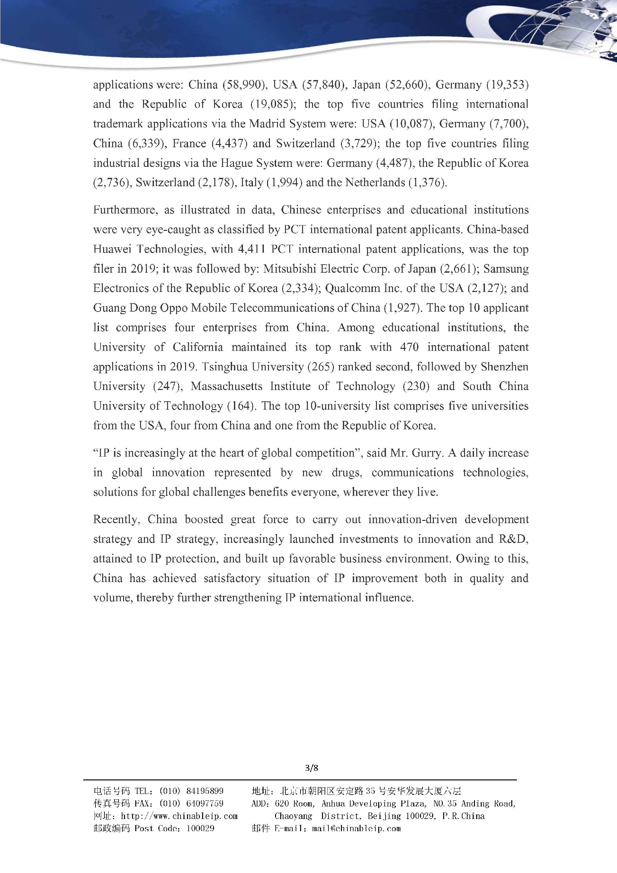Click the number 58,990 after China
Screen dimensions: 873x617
pyautogui.click(x=241, y=85)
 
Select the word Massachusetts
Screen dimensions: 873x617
pyautogui.click(x=227, y=386)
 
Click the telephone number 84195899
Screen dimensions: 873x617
pyautogui.click(x=205, y=791)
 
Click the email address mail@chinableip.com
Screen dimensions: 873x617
pyautogui.click(x=356, y=828)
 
